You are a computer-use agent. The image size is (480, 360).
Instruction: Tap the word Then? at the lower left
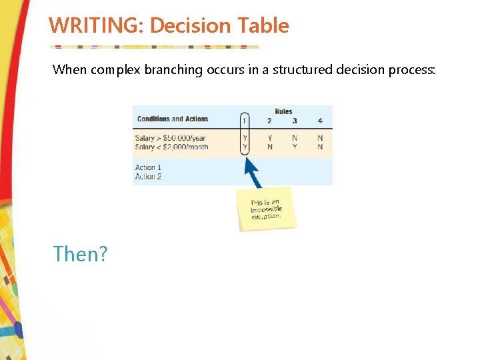coord(81,254)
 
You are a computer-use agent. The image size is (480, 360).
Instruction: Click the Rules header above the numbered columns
coord(283,111)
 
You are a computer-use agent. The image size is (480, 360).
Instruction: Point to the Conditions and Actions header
coord(173,119)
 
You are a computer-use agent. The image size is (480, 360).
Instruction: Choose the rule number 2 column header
coord(269,121)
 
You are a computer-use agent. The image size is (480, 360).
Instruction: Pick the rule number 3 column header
coord(295,121)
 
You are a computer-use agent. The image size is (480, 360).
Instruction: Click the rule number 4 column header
coord(320,121)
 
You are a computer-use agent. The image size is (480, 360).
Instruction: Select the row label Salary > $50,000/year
coord(170,139)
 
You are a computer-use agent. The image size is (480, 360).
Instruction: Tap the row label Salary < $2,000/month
coord(171,147)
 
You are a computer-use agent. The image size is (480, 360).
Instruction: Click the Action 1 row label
coord(148,167)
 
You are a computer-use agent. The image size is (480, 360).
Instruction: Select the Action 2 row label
coord(148,177)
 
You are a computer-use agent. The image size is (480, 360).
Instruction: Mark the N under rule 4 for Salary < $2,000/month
coord(320,147)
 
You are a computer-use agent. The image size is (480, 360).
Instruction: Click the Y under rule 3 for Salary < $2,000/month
coord(295,147)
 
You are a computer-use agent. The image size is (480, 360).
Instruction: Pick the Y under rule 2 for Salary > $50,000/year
coord(269,139)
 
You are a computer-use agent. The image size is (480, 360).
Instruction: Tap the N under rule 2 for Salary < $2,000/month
coord(269,147)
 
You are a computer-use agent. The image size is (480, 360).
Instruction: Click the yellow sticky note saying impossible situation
coord(267,208)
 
